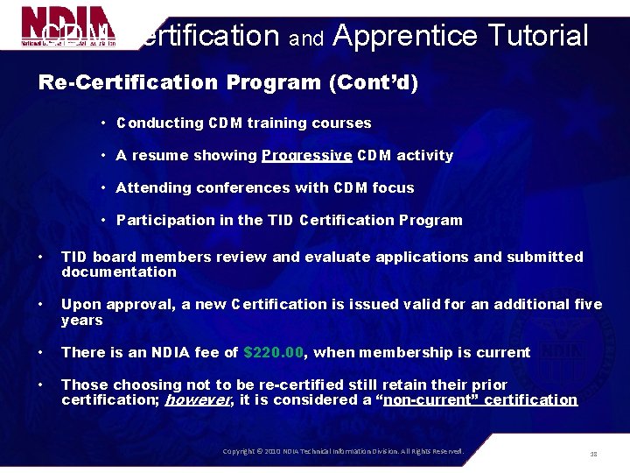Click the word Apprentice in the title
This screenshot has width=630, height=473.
405,36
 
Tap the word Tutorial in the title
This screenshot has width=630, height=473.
538,36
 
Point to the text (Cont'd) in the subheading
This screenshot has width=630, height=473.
374,82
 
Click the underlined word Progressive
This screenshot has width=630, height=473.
306,156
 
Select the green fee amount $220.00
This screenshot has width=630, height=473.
273,352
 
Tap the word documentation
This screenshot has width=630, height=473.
119,272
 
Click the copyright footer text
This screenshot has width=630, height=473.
343,451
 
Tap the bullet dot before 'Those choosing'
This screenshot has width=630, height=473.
41,385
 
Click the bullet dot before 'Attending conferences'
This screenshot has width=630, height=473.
103,188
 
